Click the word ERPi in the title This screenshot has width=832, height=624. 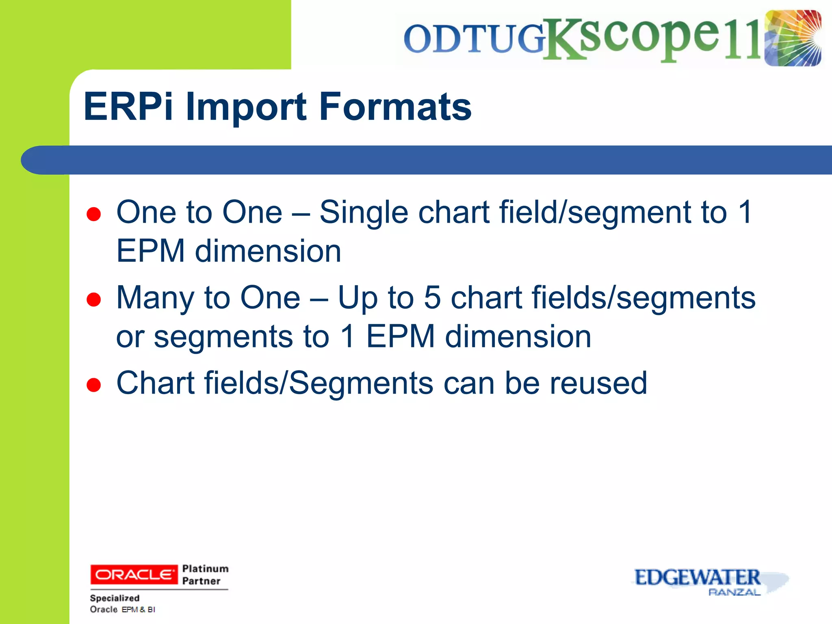(128, 106)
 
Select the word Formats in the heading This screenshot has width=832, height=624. (395, 106)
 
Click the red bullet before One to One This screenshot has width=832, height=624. (93, 214)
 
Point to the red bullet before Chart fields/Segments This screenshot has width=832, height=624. (93, 385)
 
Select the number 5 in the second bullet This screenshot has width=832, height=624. (432, 297)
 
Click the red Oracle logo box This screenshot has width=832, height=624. (134, 574)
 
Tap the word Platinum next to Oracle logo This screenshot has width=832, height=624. (205, 568)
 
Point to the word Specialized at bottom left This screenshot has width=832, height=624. (115, 598)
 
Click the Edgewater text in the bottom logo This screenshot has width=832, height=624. (697, 577)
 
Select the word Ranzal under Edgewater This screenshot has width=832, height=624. (734, 592)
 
